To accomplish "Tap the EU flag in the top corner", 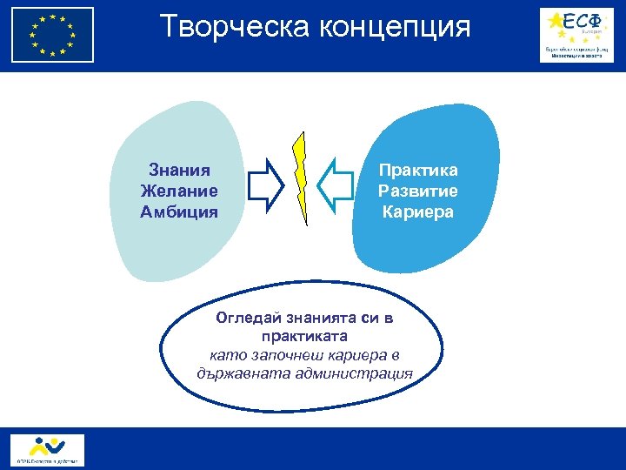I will coord(52,35).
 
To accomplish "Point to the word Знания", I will coord(178,171).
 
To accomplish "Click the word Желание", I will coord(178,191).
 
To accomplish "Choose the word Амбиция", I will coord(178,211).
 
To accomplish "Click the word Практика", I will coord(417,171).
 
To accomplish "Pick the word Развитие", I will coord(417,191).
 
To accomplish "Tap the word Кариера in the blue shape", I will coord(417,211).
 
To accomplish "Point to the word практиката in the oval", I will coord(303,336).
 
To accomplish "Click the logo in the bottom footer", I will coord(48,449).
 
